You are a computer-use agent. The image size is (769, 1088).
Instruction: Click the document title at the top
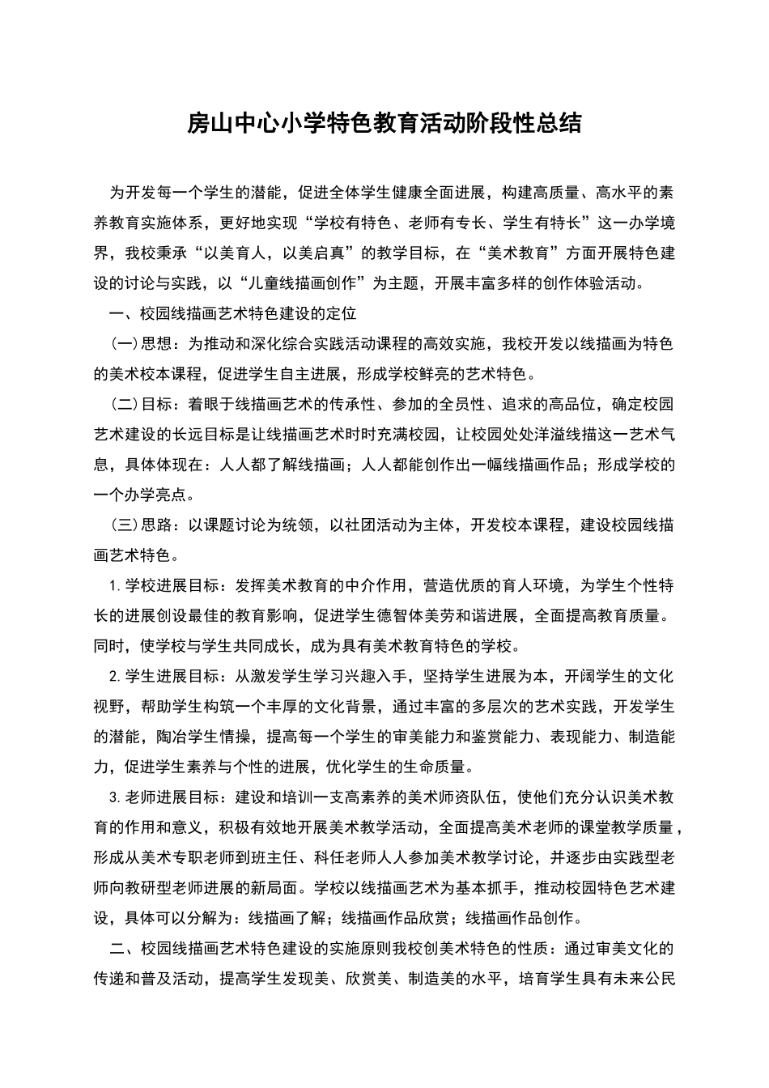coord(384,123)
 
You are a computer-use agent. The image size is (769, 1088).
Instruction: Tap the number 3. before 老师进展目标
coord(114,798)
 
